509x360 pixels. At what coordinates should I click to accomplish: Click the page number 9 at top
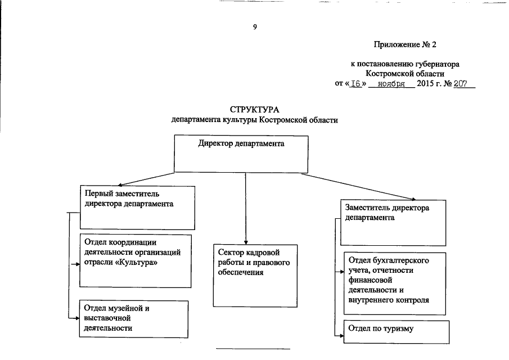pos(255,28)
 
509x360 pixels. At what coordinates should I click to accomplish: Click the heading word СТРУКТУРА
pos(254,109)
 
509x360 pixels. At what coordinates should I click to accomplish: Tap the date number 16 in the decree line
pos(355,84)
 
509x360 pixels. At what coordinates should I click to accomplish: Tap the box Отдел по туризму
pos(397,331)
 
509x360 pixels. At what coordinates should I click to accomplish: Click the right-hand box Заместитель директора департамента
pos(393,222)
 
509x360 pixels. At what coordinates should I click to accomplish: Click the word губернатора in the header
pos(437,64)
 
